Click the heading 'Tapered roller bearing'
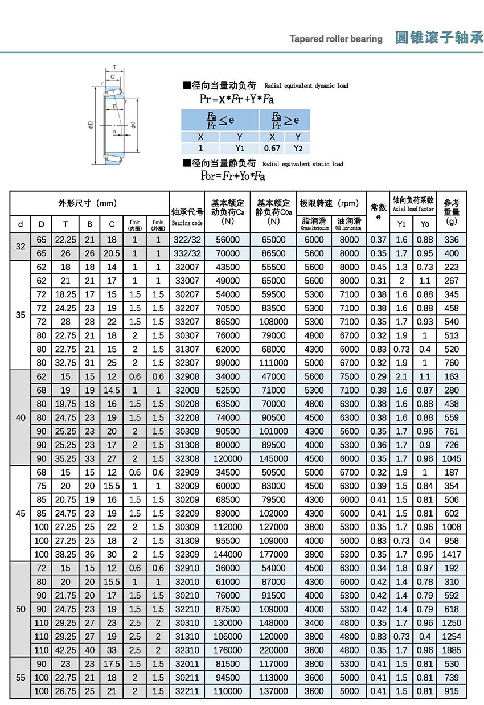[336, 39]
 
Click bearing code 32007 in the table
[187, 267]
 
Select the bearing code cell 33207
[187, 322]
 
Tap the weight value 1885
[452, 650]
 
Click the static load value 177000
[273, 554]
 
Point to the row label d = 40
[20, 417]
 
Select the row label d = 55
[20, 678]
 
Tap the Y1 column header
[401, 223]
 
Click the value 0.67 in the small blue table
[273, 148]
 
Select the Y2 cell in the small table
[297, 148]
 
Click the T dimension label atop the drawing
[114, 67]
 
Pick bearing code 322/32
[187, 240]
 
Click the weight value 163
[452, 376]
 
